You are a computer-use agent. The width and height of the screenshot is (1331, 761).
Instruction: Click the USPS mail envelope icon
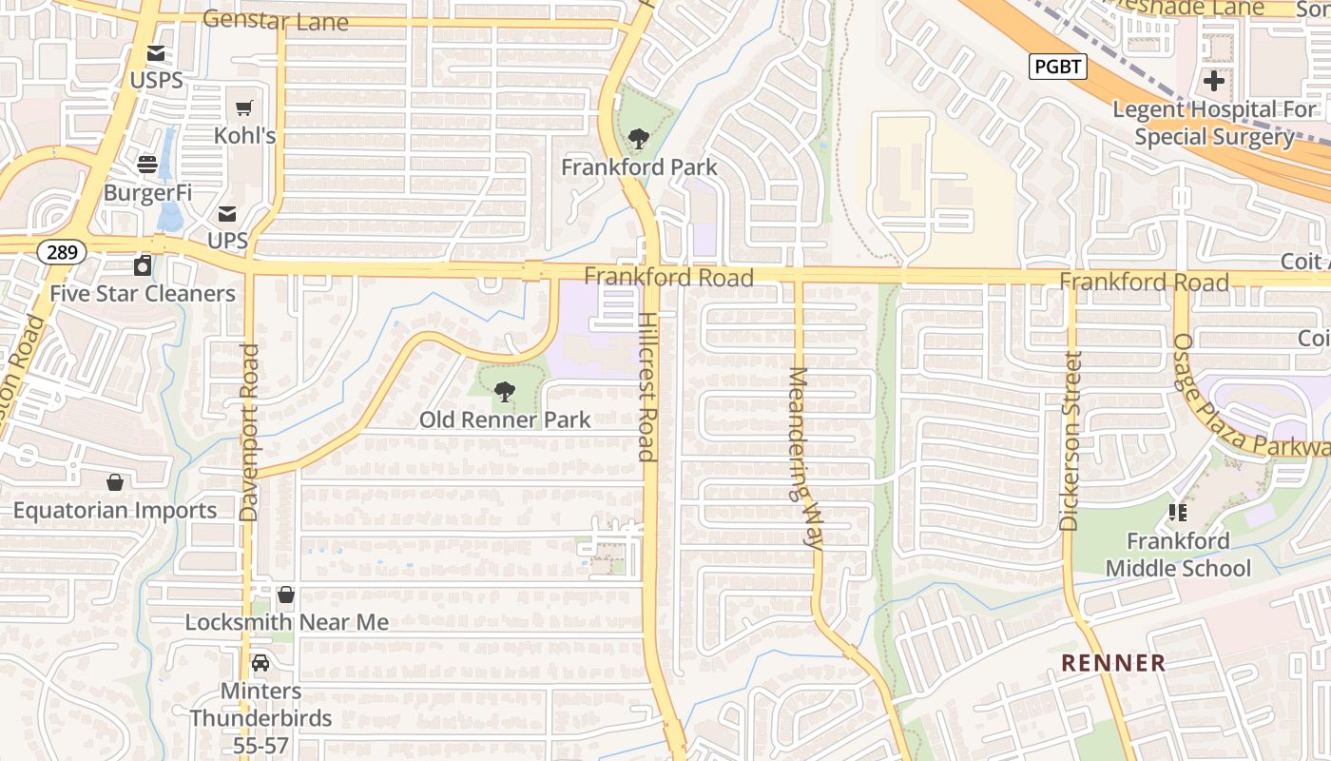pos(155,54)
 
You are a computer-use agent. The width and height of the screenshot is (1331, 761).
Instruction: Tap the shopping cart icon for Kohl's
pos(244,108)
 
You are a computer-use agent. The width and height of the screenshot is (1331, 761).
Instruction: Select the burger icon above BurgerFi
pos(147,165)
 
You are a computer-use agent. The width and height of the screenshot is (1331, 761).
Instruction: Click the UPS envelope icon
pos(227,214)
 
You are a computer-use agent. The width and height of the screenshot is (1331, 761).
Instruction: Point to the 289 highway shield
pos(63,252)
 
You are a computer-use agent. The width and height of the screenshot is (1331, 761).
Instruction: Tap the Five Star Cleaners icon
pos(143,265)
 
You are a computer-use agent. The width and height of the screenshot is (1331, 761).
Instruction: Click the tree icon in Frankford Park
pos(638,140)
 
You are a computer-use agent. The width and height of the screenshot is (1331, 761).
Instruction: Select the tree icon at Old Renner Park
pos(505,391)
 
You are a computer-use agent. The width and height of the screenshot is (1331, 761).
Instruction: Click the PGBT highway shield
pos(1057,67)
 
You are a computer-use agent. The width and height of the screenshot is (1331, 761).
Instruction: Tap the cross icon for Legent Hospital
pos(1213,80)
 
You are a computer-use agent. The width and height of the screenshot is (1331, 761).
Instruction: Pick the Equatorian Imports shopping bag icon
pos(115,482)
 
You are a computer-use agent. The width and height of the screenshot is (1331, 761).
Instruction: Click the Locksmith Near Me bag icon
pos(286,595)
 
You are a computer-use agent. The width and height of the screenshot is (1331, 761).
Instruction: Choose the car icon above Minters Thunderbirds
pos(260,662)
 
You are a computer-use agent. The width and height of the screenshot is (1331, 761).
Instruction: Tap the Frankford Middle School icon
pos(1178,513)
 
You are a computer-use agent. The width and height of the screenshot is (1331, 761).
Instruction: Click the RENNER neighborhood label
pos(1113,663)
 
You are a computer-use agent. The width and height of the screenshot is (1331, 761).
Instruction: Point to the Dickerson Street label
pos(1071,440)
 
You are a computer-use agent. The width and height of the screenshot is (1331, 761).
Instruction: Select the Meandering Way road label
pos(803,459)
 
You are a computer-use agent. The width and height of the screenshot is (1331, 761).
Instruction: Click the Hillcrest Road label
pos(647,387)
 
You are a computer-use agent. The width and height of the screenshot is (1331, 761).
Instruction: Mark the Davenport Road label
pos(249,433)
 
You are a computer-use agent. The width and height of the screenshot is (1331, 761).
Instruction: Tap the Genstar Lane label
pos(276,20)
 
